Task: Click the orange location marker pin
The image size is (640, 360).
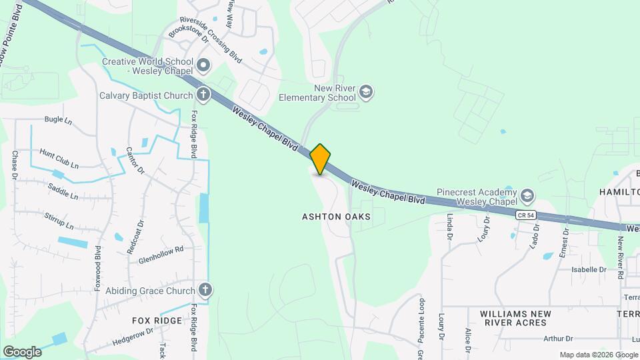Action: coord(321,159)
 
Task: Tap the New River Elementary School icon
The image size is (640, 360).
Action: coord(365,91)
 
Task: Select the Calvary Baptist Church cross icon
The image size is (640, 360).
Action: coord(203,95)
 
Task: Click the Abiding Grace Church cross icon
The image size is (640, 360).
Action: coord(205,290)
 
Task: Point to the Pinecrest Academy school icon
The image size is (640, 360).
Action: coord(527,195)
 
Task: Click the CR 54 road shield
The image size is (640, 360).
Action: coord(525,215)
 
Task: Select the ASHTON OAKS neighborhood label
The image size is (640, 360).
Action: coord(336,217)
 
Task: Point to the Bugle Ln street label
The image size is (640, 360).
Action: coord(58,120)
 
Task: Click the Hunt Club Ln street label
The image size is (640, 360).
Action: coord(59,159)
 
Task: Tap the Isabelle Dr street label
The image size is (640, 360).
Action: coord(588,270)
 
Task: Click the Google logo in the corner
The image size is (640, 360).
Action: coord(22,351)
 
